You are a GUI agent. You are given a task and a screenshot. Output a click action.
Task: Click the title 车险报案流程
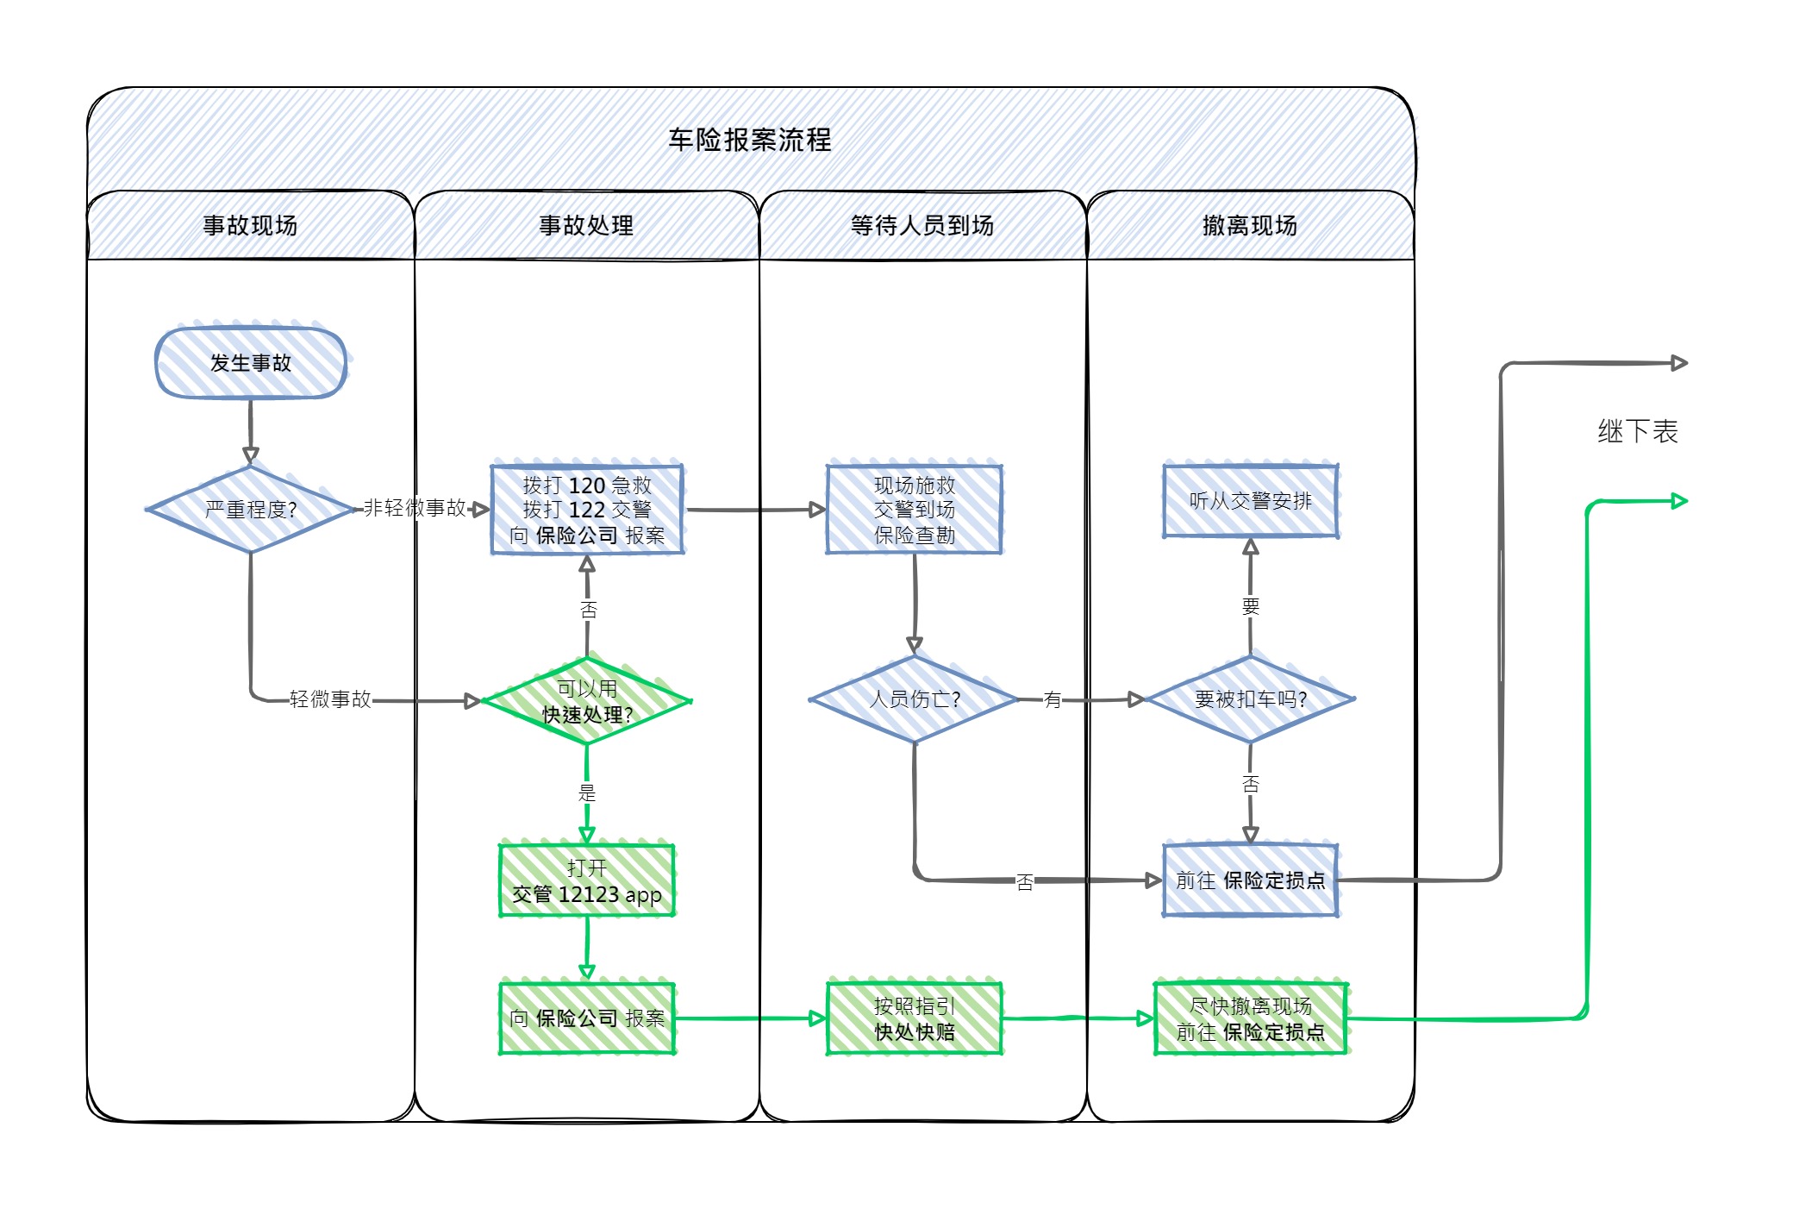coord(749,140)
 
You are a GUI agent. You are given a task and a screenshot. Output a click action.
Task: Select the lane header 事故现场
coord(250,226)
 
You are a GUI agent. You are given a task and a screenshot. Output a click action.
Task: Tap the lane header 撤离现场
coord(1249,226)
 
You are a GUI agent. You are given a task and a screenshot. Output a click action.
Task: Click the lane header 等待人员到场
coord(921,226)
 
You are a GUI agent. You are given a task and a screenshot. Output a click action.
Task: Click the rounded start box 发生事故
coord(251,363)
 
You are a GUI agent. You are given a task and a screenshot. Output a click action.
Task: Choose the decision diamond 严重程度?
coord(251,510)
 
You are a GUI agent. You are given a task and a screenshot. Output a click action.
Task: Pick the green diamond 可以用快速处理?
coord(587,701)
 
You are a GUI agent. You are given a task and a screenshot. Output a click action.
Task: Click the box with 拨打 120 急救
coord(587,510)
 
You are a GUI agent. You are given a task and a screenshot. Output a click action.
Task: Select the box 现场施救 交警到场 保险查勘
coord(914,510)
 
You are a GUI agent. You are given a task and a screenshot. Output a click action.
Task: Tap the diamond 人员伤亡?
coord(914,699)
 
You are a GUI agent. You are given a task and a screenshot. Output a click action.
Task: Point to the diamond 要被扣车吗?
coord(1250,699)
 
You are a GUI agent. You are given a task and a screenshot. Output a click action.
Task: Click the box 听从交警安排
coord(1250,501)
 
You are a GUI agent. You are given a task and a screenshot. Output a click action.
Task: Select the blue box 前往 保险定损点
coord(1250,880)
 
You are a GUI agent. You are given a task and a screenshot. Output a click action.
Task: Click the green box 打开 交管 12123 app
coord(587,880)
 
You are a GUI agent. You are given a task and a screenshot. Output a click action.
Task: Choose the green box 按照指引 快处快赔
coord(914,1018)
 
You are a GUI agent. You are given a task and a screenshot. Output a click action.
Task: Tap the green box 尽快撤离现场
coord(1250,1018)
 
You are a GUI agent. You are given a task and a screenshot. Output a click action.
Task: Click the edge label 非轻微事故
coord(415,508)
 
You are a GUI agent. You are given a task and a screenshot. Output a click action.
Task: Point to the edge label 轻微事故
coord(330,699)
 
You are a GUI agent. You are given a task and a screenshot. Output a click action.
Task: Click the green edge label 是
coord(587,792)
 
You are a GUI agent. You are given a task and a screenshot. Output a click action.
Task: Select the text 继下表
coord(1637,431)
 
